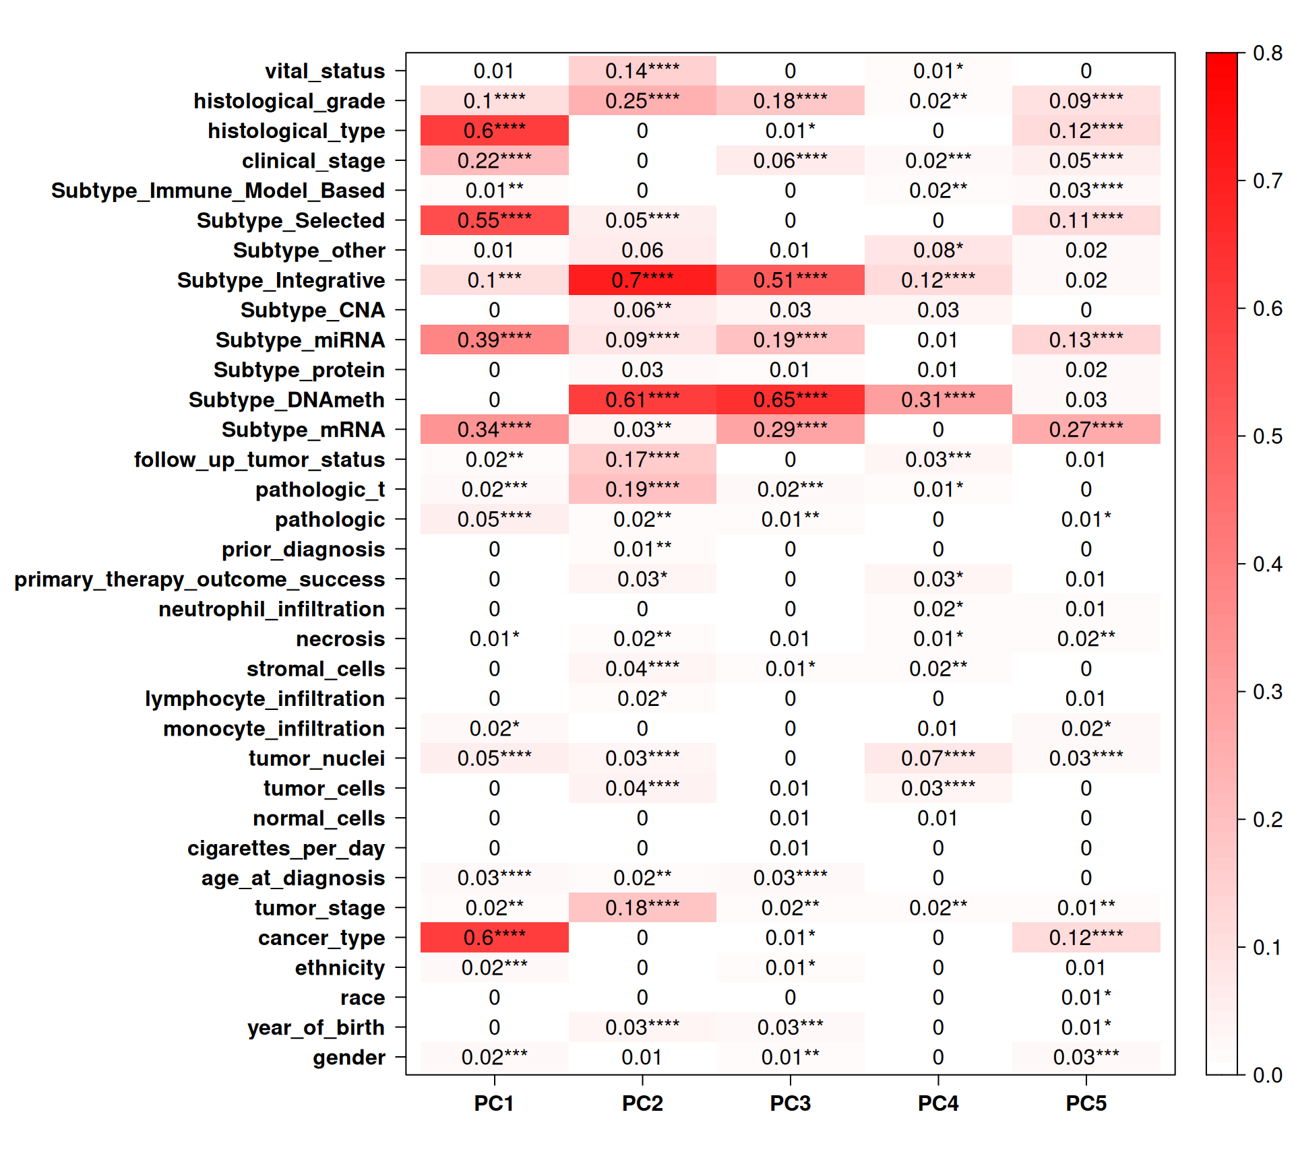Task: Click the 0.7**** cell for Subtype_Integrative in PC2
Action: click(x=642, y=280)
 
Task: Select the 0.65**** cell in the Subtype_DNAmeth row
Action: click(x=790, y=400)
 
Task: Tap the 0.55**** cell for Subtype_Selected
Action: click(x=494, y=220)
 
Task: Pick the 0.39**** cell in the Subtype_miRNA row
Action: click(x=494, y=340)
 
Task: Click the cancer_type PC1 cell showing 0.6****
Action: click(x=494, y=938)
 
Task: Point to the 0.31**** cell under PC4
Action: click(x=937, y=400)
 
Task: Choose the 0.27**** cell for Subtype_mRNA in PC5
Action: click(x=1086, y=430)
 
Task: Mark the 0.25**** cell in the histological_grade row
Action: click(x=642, y=101)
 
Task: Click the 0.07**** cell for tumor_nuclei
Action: click(x=937, y=758)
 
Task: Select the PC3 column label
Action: click(x=790, y=1103)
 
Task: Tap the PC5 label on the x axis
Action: click(x=1086, y=1103)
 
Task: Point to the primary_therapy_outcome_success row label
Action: click(x=199, y=579)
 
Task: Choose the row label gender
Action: click(x=348, y=1058)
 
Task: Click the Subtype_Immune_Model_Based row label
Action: click(x=218, y=191)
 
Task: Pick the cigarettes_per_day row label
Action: click(x=286, y=848)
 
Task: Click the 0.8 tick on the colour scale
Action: click(x=1267, y=53)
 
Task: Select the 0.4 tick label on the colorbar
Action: click(x=1267, y=564)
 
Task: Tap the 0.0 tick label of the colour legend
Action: click(x=1267, y=1075)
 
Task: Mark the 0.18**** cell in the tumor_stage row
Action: click(x=642, y=908)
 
